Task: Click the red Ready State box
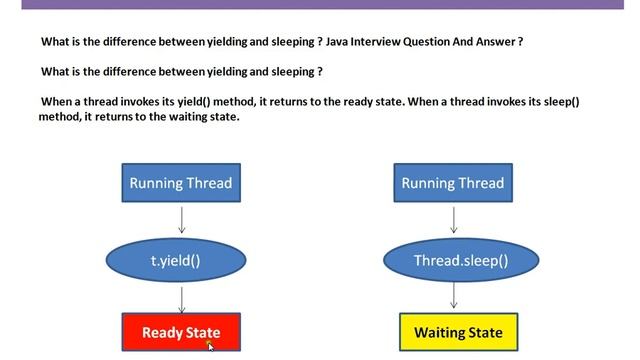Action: coord(181,332)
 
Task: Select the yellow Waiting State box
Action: coord(458,332)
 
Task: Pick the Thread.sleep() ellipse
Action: coord(461,261)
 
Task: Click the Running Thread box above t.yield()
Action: coord(181,183)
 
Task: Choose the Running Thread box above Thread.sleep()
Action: coord(453,183)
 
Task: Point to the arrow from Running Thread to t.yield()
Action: coord(182,219)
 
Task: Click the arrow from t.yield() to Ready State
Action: coord(182,298)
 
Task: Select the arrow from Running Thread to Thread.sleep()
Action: coord(454,219)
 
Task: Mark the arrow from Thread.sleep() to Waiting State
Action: coord(454,296)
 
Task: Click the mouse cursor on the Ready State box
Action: coord(210,346)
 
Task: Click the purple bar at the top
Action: coord(320,4)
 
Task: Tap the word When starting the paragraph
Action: coord(57,102)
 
